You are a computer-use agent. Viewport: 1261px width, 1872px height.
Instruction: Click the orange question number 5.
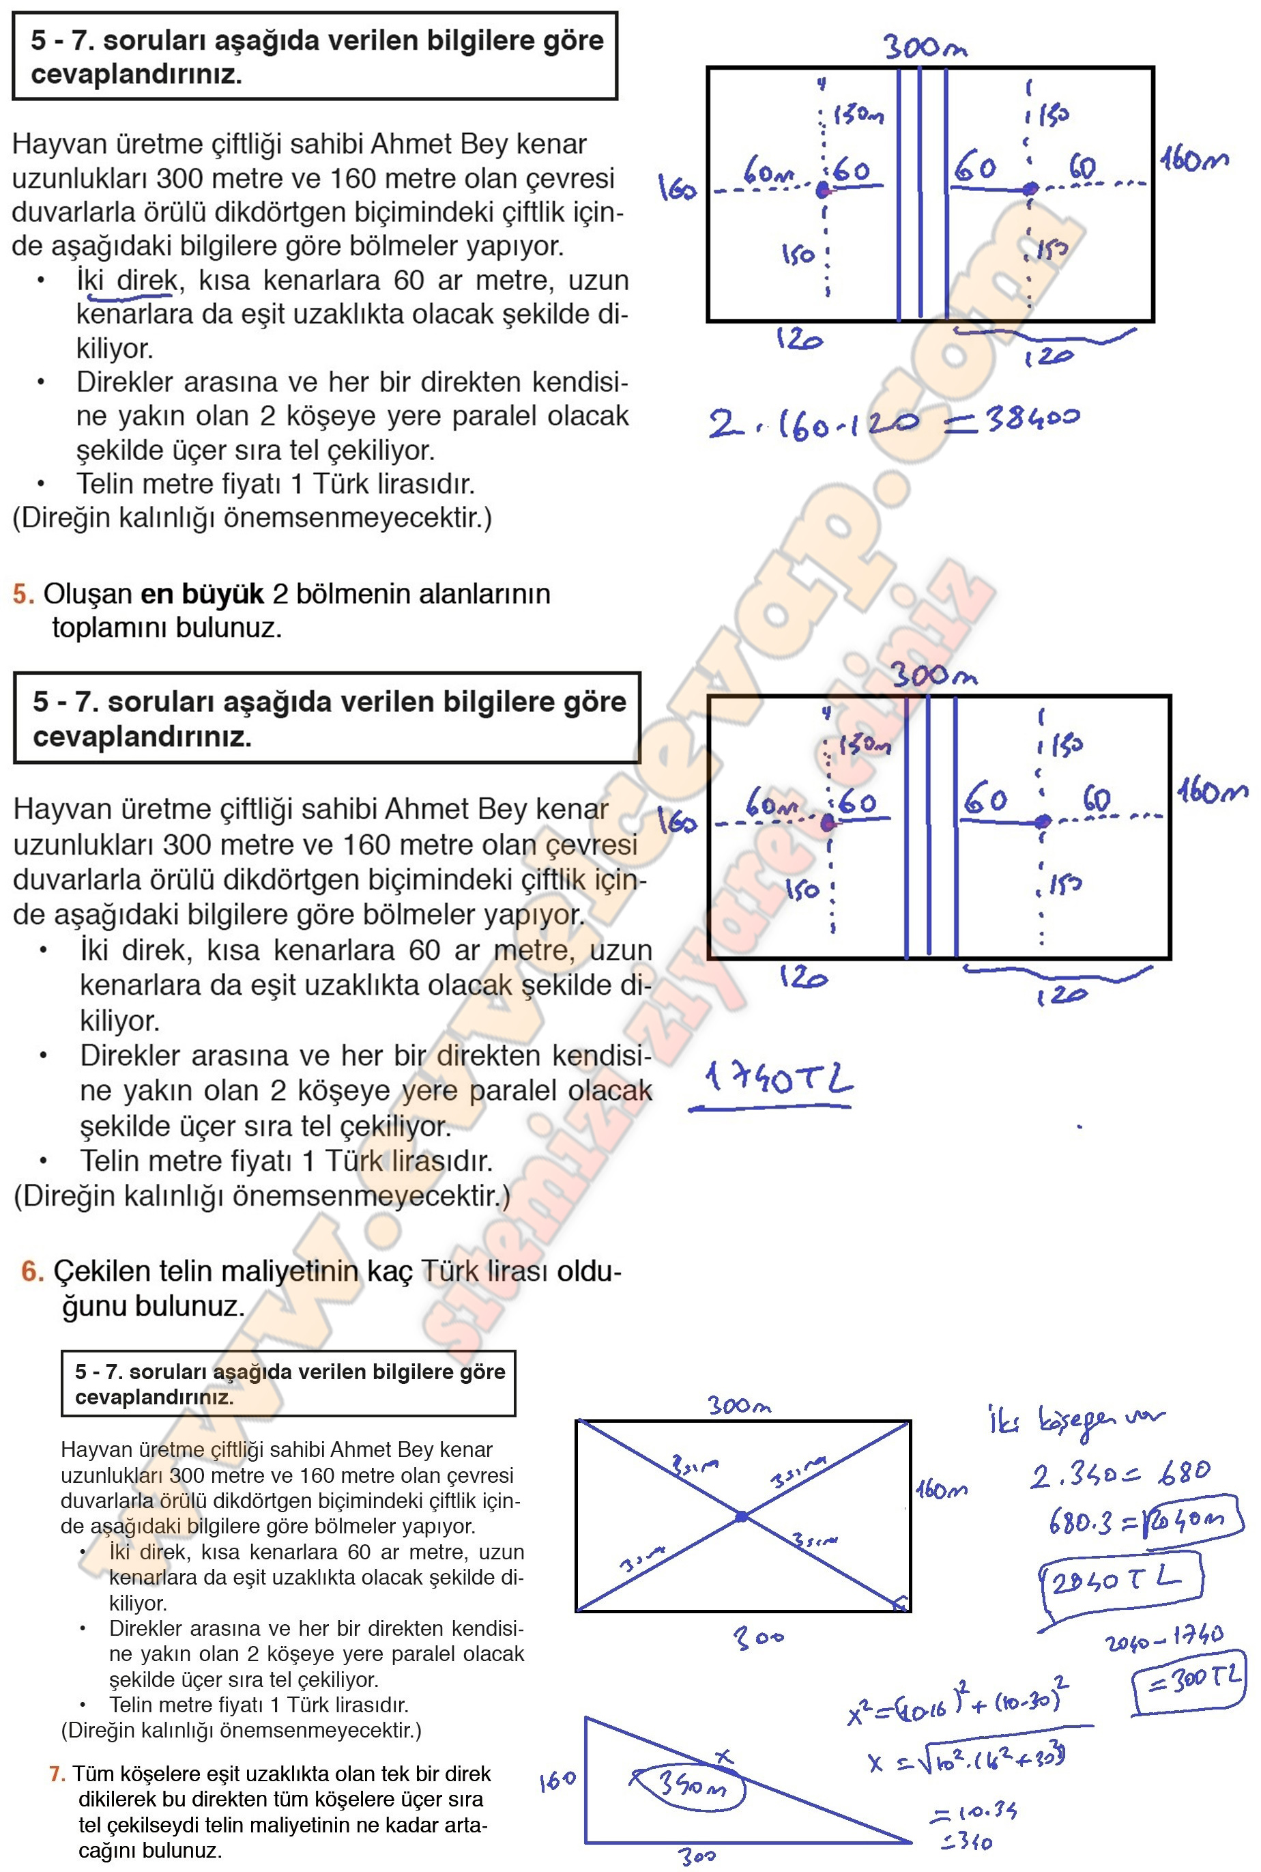[23, 594]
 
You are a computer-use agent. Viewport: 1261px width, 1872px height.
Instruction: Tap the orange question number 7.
[56, 1773]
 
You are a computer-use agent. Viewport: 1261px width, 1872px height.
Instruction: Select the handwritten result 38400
[1032, 419]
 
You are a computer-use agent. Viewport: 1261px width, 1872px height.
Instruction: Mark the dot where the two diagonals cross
[742, 1516]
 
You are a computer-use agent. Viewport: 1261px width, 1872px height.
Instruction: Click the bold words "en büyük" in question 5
[202, 594]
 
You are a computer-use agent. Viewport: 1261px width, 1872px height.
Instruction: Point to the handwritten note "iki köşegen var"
[1073, 1421]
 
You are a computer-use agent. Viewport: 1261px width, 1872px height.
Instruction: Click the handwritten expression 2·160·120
[812, 423]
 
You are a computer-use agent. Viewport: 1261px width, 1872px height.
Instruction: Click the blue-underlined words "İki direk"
[126, 281]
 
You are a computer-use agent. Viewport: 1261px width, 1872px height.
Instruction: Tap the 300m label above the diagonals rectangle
[739, 1406]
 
